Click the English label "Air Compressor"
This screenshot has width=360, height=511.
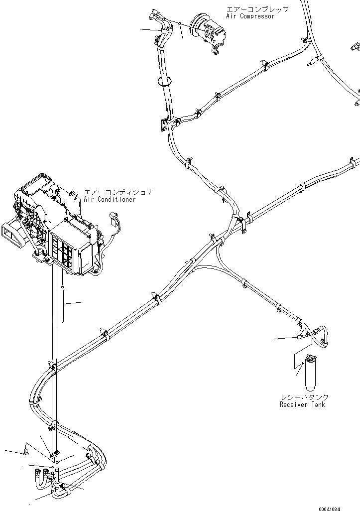pyautogui.click(x=250, y=16)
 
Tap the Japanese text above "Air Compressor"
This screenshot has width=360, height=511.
pyautogui.click(x=257, y=9)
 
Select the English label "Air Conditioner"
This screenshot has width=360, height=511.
pyautogui.click(x=110, y=199)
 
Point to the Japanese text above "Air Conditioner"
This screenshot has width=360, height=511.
pyautogui.click(x=118, y=192)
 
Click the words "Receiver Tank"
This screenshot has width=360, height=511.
pyautogui.click(x=302, y=404)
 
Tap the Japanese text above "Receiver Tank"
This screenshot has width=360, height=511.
pyautogui.click(x=304, y=397)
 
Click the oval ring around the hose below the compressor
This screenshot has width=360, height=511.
pyautogui.click(x=165, y=81)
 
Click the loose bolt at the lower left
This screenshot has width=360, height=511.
pyautogui.click(x=26, y=453)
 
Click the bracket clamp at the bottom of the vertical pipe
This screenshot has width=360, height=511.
pyautogui.click(x=55, y=455)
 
